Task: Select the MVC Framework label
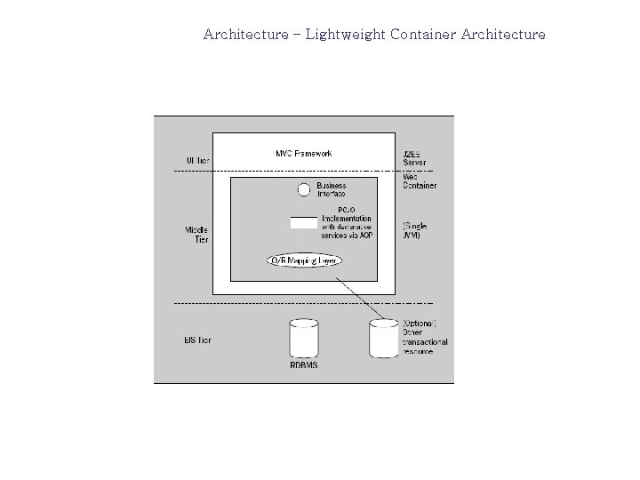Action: (x=303, y=154)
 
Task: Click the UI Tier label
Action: (x=197, y=160)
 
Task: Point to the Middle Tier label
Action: (x=196, y=235)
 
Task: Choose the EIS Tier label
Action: (x=197, y=340)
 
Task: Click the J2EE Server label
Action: (x=415, y=157)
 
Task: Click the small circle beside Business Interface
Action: (x=303, y=189)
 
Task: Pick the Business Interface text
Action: (x=331, y=189)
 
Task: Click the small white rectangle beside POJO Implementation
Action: (x=303, y=222)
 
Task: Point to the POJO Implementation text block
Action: (x=347, y=222)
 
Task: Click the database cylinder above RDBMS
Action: (x=304, y=340)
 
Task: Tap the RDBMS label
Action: (x=304, y=364)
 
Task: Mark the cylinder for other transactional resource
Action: (x=383, y=338)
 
